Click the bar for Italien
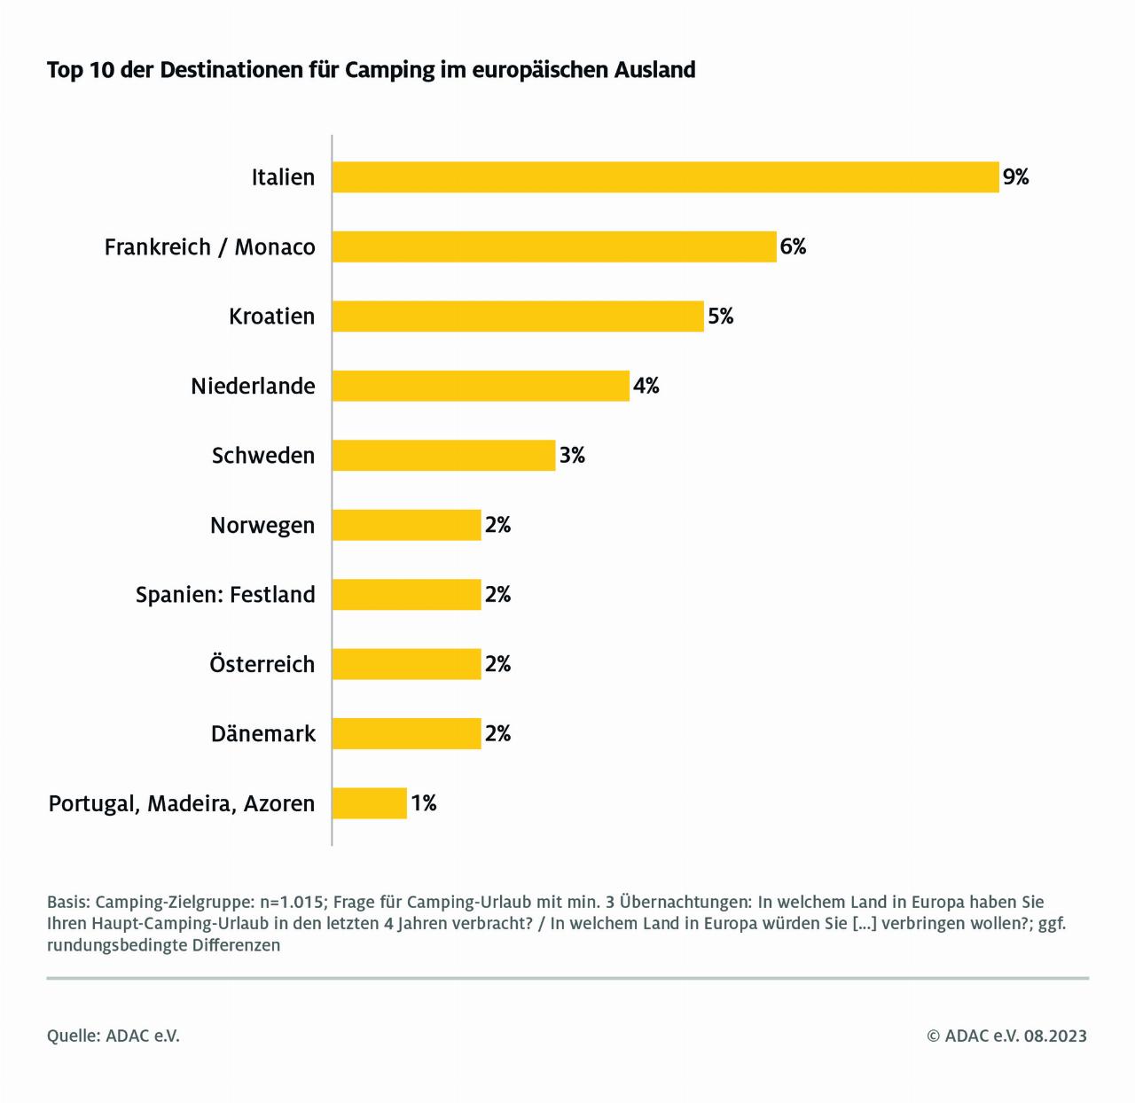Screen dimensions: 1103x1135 665,177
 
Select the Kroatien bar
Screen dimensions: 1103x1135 518,317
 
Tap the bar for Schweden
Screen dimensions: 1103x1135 443,456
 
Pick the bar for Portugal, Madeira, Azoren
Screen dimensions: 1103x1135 369,803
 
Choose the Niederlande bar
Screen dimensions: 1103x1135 481,386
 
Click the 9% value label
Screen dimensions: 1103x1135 1015,177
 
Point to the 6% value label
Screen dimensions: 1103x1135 793,246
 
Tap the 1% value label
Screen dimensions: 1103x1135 423,803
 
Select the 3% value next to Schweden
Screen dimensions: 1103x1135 572,456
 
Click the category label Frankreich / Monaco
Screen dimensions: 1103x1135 209,247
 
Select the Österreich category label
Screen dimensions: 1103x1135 262,664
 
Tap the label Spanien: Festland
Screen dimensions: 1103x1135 225,595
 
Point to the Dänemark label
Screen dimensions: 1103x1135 262,734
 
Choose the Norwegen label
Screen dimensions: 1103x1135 262,526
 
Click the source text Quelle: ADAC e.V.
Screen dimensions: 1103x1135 113,1036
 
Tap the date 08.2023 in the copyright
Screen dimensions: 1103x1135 1055,1036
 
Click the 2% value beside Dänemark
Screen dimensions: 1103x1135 497,734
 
